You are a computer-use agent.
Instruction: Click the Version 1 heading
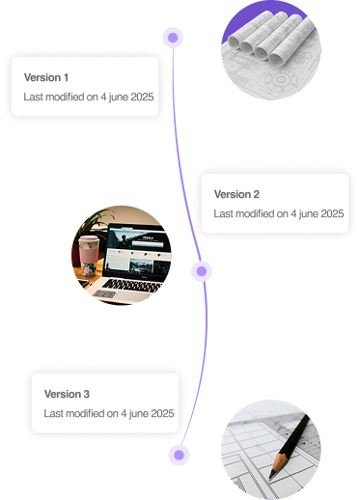46,77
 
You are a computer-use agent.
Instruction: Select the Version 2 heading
237,194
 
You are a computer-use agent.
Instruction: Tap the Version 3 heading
67,394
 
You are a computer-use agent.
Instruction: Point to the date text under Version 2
278,213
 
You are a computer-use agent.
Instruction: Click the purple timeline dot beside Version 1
173,38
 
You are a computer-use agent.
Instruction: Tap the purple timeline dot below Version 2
201,271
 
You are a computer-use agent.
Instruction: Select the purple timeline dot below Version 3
177,455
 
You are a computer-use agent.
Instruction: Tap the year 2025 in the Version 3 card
160,413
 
